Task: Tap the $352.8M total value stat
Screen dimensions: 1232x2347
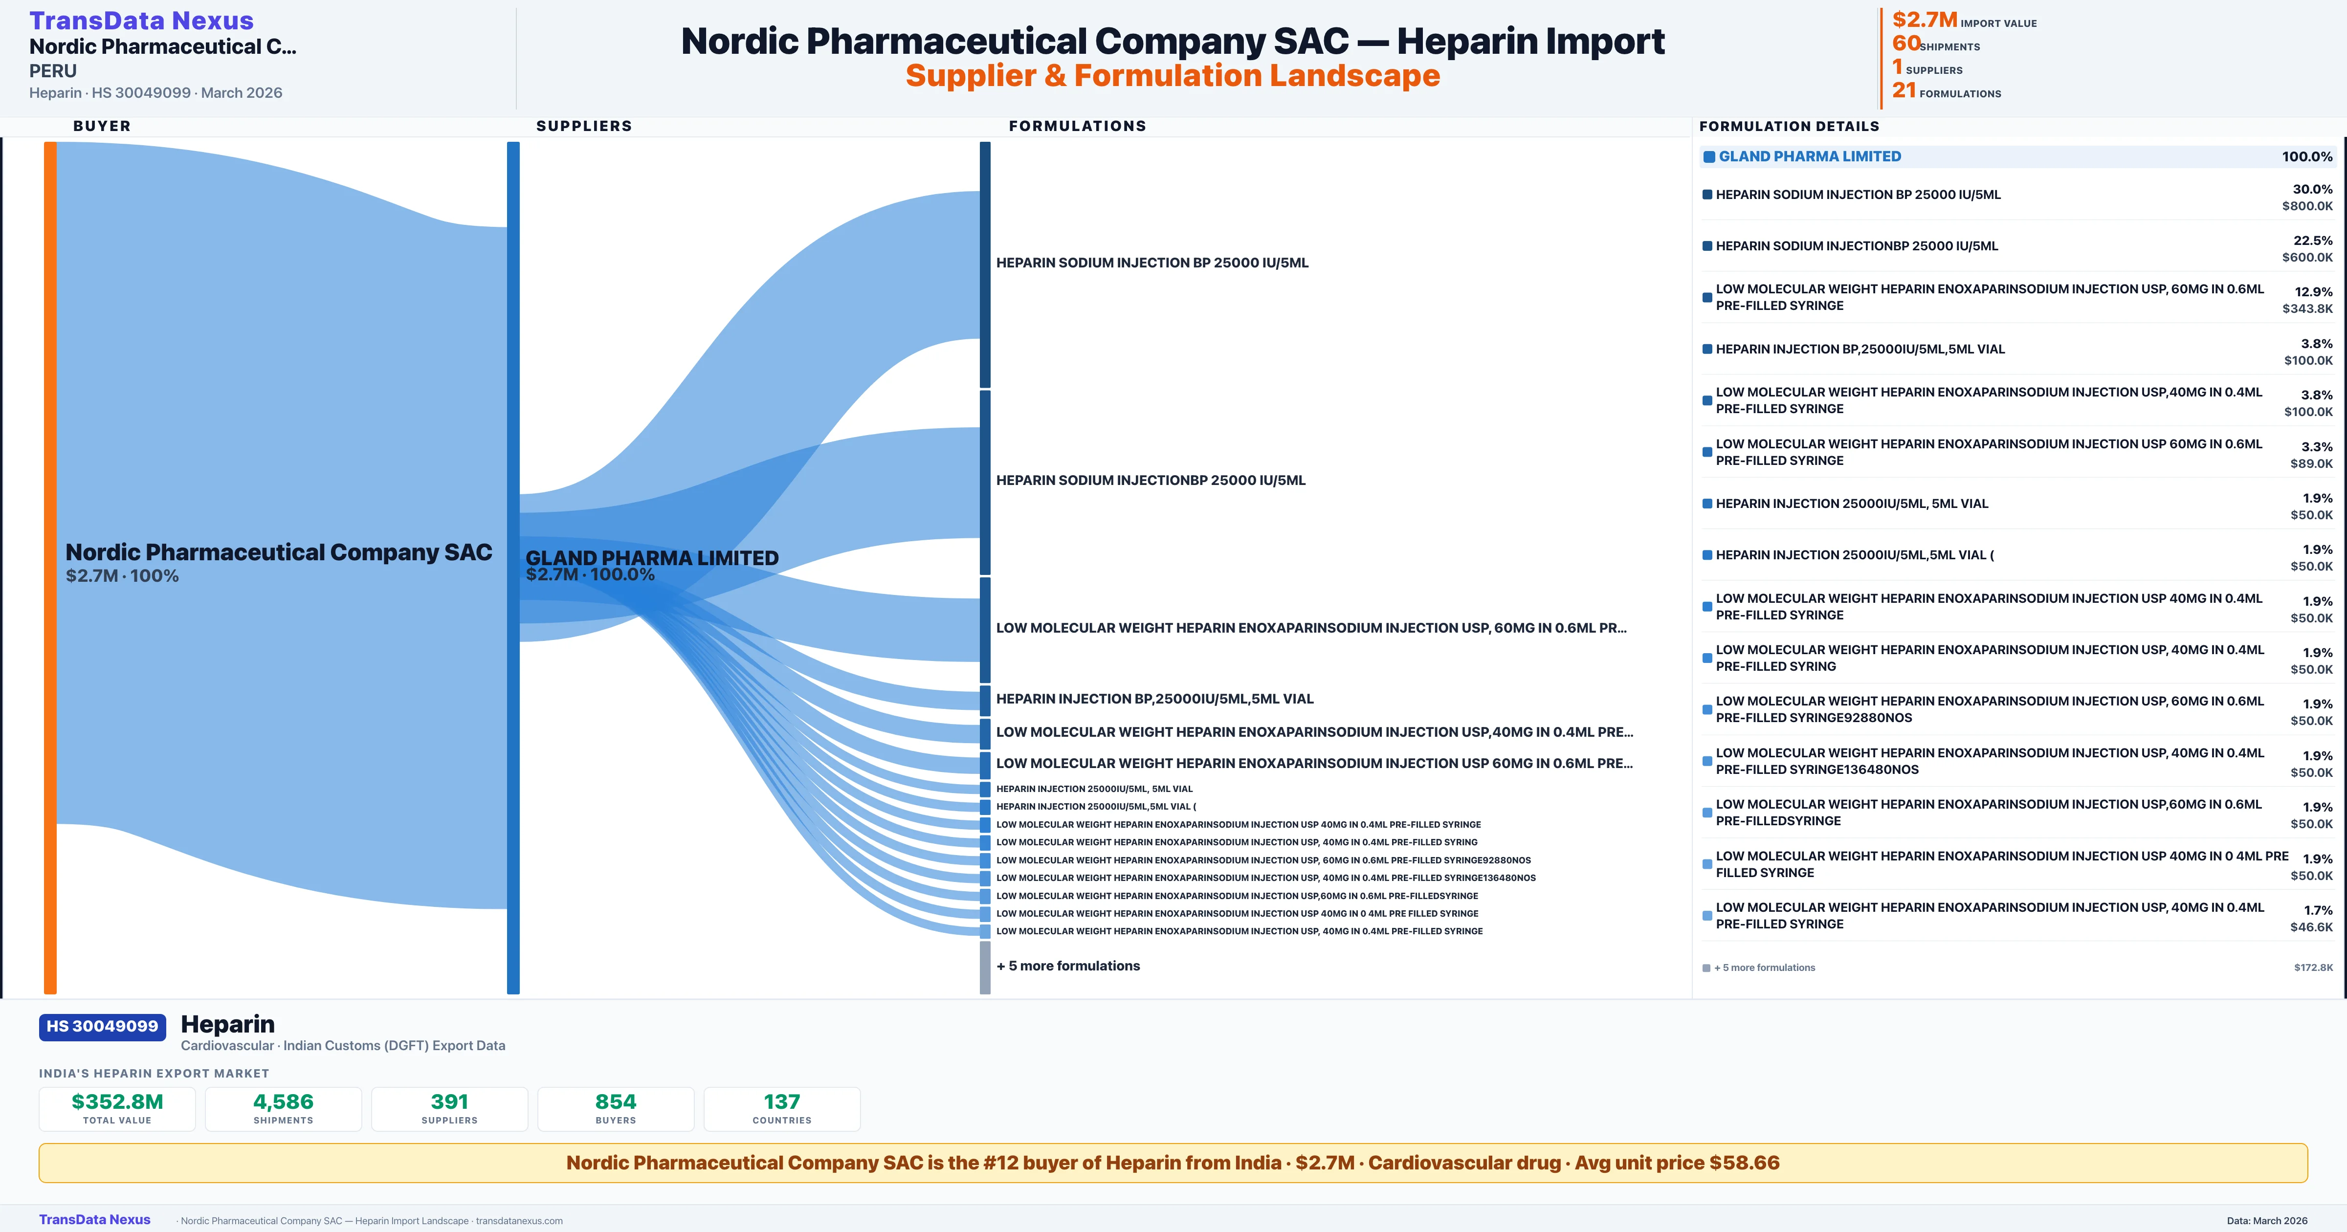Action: click(117, 1101)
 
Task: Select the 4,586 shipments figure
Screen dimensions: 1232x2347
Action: click(284, 1101)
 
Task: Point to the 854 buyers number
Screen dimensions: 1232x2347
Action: click(616, 1101)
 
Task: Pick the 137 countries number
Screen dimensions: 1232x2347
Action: click(782, 1101)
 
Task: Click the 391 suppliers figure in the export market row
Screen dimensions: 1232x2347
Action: click(449, 1101)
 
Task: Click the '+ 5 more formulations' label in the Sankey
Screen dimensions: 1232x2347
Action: click(1068, 966)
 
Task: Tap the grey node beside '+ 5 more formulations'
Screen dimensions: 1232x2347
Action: click(985, 968)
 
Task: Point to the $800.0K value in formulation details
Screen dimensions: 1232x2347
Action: click(2307, 206)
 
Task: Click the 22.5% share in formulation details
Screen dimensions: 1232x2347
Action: click(2312, 241)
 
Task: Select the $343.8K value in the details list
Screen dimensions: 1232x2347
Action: click(2307, 309)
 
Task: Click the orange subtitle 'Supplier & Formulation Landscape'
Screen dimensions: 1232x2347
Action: click(1173, 76)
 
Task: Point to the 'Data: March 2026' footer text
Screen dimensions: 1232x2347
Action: click(2267, 1221)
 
